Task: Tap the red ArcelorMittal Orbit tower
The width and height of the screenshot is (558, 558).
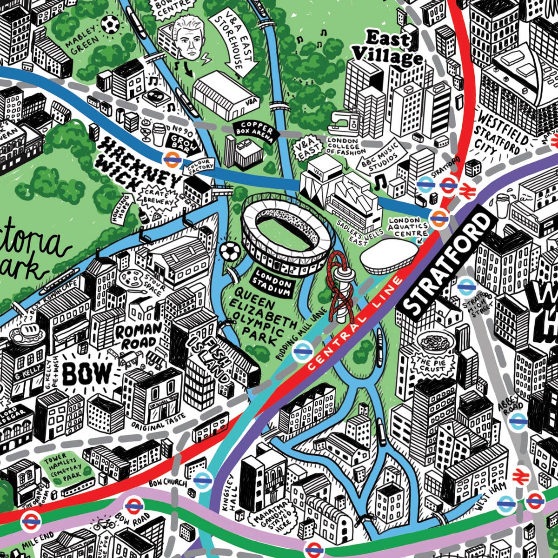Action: click(340, 288)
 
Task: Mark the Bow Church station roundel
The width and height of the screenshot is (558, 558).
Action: click(202, 480)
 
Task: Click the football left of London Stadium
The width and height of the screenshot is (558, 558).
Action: click(229, 252)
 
